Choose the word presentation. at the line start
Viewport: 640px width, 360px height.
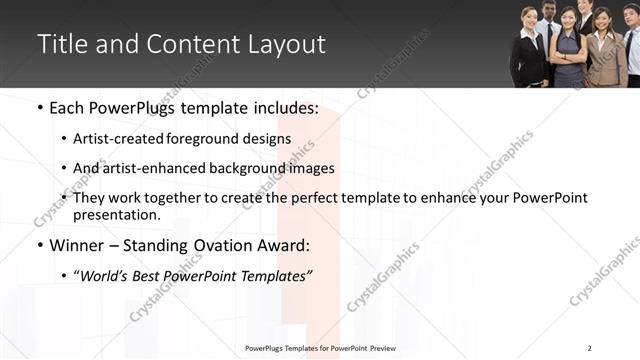[117, 214]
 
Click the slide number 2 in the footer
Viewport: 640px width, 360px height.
[590, 348]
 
